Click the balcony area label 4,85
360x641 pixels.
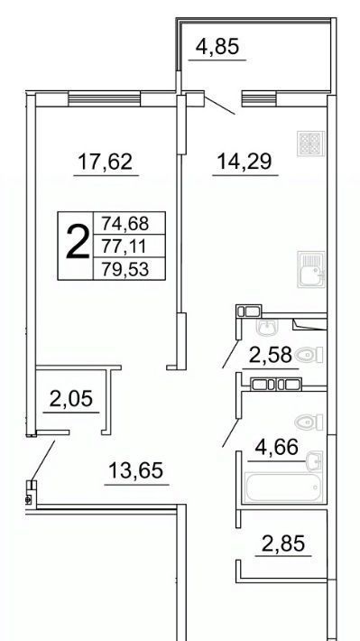(x=217, y=47)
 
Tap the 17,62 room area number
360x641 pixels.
(x=106, y=162)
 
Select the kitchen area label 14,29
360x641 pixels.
(x=245, y=161)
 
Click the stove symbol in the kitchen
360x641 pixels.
(x=311, y=144)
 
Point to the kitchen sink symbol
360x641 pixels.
(x=311, y=269)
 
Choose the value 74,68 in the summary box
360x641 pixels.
(x=125, y=224)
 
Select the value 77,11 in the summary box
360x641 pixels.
(x=125, y=246)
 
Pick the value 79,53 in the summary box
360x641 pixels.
(x=125, y=270)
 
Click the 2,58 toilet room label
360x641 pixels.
(x=271, y=355)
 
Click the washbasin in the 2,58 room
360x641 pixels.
(x=267, y=327)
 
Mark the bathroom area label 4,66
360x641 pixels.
(x=276, y=447)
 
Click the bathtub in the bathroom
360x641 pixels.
(x=282, y=488)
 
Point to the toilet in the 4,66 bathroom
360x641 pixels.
(x=309, y=422)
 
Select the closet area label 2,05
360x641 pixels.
(x=71, y=398)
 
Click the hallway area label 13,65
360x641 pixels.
(x=136, y=470)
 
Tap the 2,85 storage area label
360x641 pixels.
(x=283, y=543)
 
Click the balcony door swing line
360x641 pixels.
(x=219, y=106)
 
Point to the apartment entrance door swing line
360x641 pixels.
(x=42, y=460)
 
